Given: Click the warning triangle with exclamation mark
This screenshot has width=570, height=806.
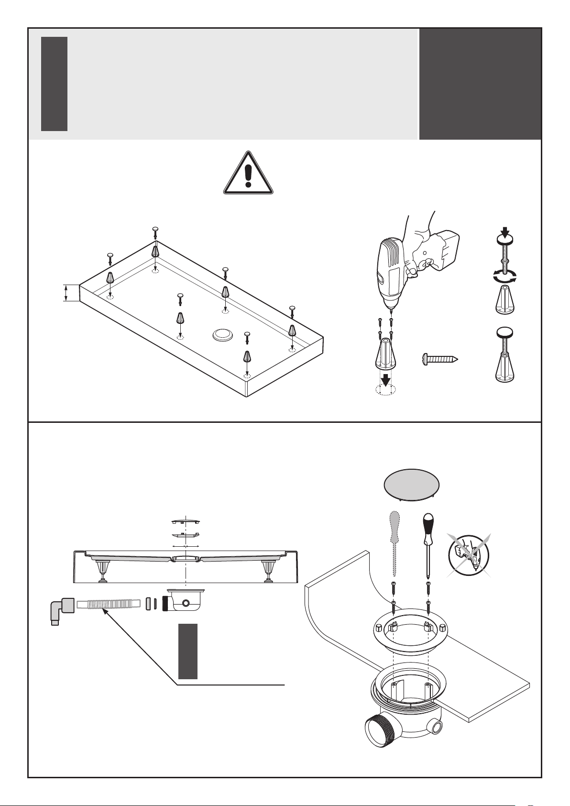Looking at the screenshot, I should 248,174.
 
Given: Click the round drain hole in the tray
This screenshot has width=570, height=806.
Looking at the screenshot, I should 223,335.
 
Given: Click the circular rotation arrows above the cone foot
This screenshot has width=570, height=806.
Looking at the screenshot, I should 505,276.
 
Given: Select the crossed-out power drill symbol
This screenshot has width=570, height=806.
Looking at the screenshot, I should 469,555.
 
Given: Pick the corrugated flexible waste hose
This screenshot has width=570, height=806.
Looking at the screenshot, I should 108,604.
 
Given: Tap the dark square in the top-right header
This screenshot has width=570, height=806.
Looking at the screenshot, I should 480,84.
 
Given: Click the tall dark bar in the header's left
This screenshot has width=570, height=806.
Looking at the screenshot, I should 54,84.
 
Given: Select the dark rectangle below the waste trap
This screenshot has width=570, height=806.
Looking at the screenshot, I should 188,651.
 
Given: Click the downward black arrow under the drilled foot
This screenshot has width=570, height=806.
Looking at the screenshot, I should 385,379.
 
